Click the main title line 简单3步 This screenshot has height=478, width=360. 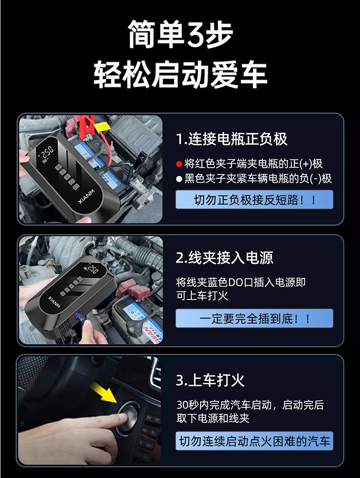point(180,35)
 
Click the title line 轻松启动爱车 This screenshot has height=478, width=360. point(180,74)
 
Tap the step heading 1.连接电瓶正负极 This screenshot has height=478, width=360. point(231,139)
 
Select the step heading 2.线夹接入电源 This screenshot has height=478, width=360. point(225,257)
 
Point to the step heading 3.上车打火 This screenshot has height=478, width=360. point(211,380)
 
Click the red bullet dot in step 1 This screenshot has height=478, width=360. point(179,164)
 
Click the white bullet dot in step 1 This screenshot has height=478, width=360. point(179,179)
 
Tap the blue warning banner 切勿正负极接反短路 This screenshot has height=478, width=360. point(254,200)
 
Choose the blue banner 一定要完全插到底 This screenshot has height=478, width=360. point(254,319)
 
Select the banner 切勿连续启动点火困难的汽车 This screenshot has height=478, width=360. point(254,441)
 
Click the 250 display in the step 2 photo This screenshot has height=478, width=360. point(93,269)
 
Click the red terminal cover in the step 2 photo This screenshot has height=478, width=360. point(134,289)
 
